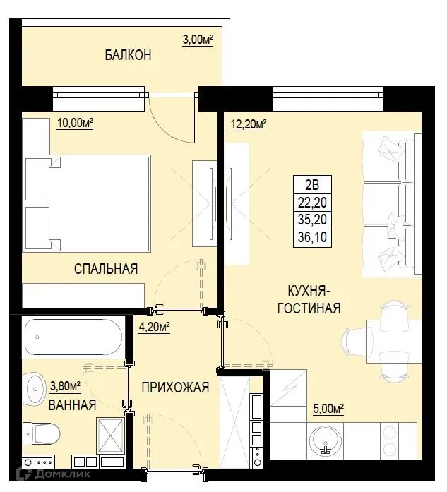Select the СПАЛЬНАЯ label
click(106, 268)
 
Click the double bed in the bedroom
click(88, 205)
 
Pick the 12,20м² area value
click(249, 125)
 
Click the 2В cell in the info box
click(312, 186)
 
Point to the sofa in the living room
click(388, 205)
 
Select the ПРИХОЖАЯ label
click(174, 388)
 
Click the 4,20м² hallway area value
click(155, 326)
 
